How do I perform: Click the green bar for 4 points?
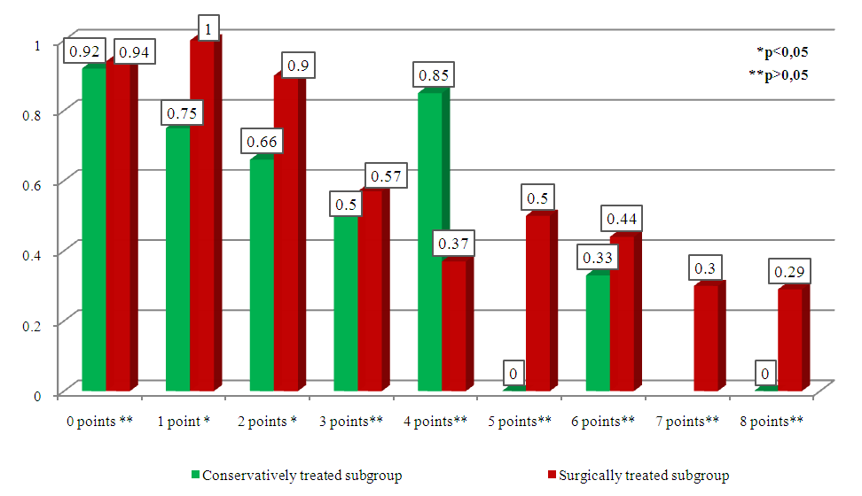point(429,241)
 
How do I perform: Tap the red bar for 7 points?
point(705,338)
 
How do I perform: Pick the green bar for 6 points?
point(597,333)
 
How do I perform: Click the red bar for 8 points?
point(789,340)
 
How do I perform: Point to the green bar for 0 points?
point(93,229)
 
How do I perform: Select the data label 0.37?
point(452,242)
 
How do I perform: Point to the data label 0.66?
point(262,140)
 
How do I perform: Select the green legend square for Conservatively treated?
point(196,476)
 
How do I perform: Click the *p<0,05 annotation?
point(781,51)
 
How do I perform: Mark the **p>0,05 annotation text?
point(778,74)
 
